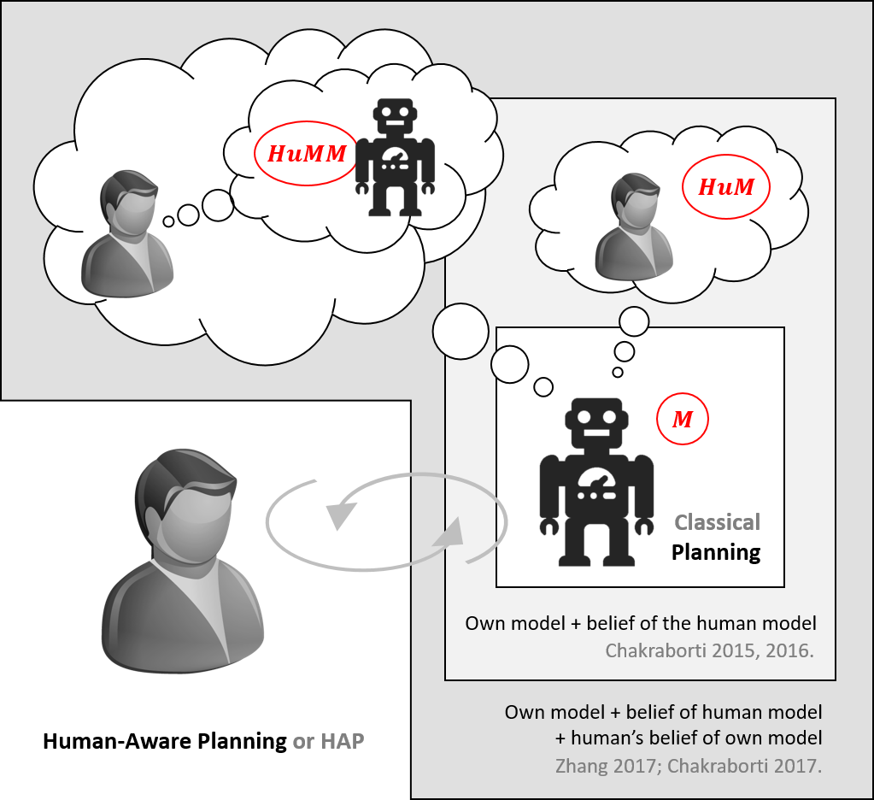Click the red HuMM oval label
(x=307, y=154)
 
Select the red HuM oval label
(x=726, y=187)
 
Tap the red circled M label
(x=682, y=420)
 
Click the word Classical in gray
(x=717, y=522)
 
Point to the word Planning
(x=716, y=552)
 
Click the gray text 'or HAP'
(x=328, y=741)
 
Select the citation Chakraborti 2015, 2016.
(x=709, y=650)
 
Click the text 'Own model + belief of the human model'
(x=640, y=623)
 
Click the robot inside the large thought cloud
(x=395, y=157)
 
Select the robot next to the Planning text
(x=596, y=482)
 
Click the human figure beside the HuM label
(x=633, y=229)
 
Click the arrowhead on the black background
(x=343, y=514)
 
